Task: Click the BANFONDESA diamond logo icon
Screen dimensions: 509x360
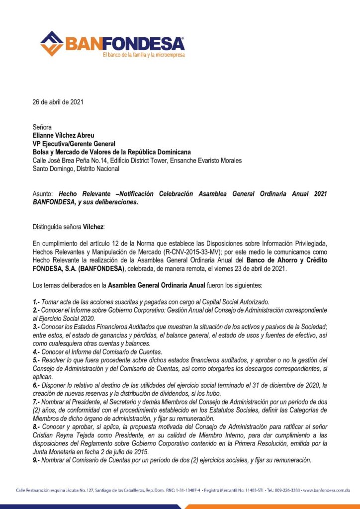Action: (52, 43)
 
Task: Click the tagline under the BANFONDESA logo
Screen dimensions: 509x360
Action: (143, 55)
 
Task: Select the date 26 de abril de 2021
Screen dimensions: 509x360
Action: (58, 102)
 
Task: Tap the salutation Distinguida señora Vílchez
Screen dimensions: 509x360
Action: (68, 227)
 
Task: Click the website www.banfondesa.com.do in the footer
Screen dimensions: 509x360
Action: (326, 490)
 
